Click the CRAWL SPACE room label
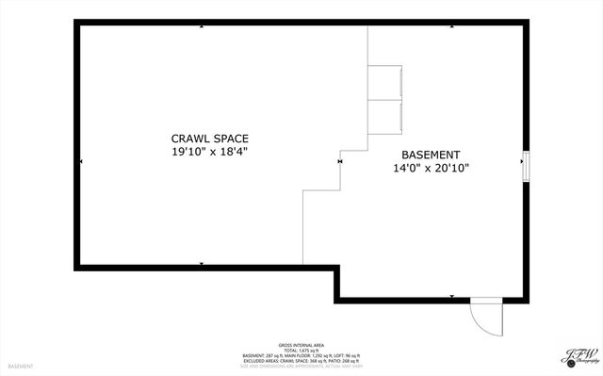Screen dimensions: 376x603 [x=210, y=139]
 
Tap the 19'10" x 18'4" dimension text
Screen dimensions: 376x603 [x=210, y=152]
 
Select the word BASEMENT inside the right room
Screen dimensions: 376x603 [x=431, y=155]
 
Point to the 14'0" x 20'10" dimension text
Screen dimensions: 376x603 [x=431, y=169]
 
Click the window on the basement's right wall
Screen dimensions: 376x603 [x=527, y=164]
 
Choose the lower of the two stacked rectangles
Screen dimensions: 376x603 [x=384, y=115]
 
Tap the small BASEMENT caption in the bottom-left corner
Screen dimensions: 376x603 [x=21, y=366]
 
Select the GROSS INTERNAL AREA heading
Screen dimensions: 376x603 [x=301, y=344]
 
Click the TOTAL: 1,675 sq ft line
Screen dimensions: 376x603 [x=301, y=350]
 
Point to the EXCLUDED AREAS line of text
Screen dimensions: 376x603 [x=301, y=360]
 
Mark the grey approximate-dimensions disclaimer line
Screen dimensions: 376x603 [x=301, y=366]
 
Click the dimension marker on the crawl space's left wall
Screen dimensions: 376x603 [x=82, y=162]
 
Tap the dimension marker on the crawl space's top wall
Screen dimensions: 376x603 [x=202, y=26]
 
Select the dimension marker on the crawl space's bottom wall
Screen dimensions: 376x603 [x=202, y=264]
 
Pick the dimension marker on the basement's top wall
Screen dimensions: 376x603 [x=452, y=26]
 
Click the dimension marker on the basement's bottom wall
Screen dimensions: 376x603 [x=452, y=297]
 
